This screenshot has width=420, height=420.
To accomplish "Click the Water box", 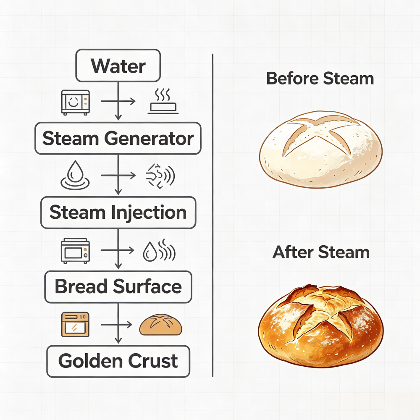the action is (x=118, y=66).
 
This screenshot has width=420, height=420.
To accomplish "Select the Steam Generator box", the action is (x=118, y=138).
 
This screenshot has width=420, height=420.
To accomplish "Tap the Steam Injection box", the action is (x=118, y=213).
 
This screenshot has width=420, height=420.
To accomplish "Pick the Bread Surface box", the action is (x=118, y=286).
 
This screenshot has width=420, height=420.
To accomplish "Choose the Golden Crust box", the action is (x=118, y=361).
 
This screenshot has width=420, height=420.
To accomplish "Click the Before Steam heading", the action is (x=320, y=79).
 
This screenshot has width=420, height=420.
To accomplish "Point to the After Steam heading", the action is (x=321, y=252).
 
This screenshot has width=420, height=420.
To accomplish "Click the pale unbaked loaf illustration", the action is (x=320, y=150).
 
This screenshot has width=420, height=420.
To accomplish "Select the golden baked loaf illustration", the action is (x=320, y=326).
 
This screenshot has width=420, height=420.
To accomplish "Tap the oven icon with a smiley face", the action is (x=76, y=102).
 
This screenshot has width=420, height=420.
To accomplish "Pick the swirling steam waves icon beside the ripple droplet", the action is (x=160, y=176).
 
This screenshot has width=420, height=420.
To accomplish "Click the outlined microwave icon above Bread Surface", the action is (x=75, y=251).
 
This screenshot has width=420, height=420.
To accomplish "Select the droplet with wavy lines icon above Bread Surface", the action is (x=159, y=250).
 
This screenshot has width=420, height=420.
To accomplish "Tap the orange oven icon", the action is (x=75, y=324).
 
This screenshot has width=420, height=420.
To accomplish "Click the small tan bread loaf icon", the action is (x=161, y=325).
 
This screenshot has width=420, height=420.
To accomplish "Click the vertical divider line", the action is (x=213, y=215).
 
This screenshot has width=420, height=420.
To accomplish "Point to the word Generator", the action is (x=149, y=139).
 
